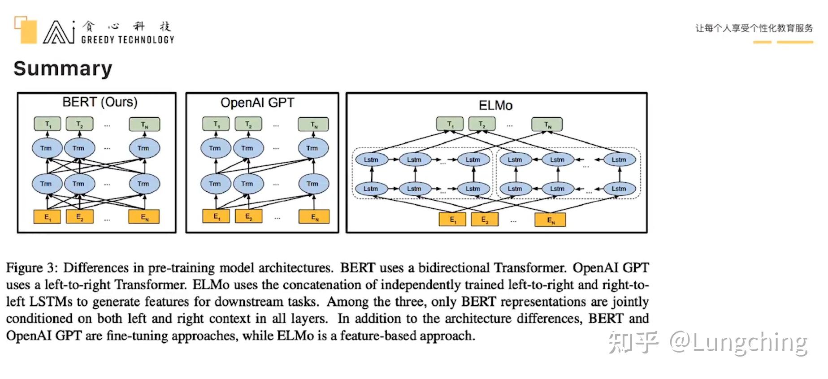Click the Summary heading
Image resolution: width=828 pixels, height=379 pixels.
(x=63, y=69)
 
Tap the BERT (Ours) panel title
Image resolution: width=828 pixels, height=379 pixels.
(x=100, y=102)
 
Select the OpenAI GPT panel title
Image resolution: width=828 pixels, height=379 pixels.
(x=257, y=103)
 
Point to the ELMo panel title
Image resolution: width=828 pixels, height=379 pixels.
(x=495, y=105)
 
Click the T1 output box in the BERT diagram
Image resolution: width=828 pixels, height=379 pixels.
(x=48, y=124)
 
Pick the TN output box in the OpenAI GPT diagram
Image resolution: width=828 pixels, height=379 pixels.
(x=313, y=124)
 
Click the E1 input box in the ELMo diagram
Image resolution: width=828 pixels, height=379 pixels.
(x=452, y=220)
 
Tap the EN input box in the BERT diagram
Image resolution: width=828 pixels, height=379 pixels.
(x=144, y=217)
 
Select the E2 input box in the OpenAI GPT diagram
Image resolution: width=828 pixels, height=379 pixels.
(x=248, y=216)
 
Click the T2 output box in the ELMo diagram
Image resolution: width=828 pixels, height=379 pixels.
(x=482, y=124)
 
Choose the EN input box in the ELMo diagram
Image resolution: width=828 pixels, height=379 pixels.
(x=550, y=220)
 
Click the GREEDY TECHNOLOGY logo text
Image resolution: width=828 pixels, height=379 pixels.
(x=127, y=40)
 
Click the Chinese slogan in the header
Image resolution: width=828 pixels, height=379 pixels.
(x=754, y=28)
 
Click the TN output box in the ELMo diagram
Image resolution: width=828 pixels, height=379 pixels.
(x=547, y=124)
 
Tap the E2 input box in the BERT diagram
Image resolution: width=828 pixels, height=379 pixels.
(x=80, y=216)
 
